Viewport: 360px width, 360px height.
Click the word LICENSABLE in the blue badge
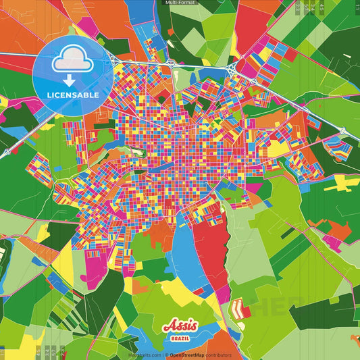tap(73, 95)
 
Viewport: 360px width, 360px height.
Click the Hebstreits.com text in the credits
tap(145, 355)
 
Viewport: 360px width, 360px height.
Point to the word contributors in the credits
tap(217, 355)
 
